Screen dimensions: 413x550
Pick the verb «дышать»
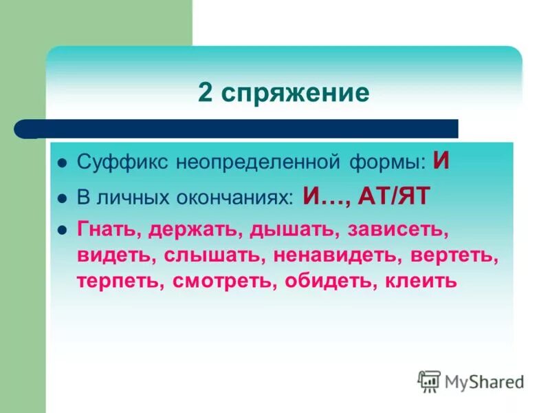pyautogui.click(x=293, y=231)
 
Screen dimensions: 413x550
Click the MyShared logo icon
pyautogui.click(x=429, y=381)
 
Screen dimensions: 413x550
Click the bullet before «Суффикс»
pyautogui.click(x=62, y=165)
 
